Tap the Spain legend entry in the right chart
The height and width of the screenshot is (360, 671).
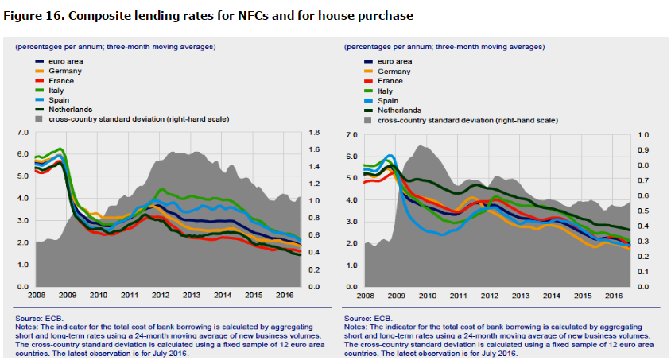(390, 100)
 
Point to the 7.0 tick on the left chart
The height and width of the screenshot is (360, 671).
(22, 133)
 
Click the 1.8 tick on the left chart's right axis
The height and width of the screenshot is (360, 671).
(314, 133)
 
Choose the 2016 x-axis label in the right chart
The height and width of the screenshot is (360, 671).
(613, 295)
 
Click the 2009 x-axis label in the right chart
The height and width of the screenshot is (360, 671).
(396, 295)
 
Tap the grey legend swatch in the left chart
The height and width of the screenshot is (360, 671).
(40, 119)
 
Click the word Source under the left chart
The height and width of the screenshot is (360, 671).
(29, 318)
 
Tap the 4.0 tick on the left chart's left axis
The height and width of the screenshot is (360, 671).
(22, 198)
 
